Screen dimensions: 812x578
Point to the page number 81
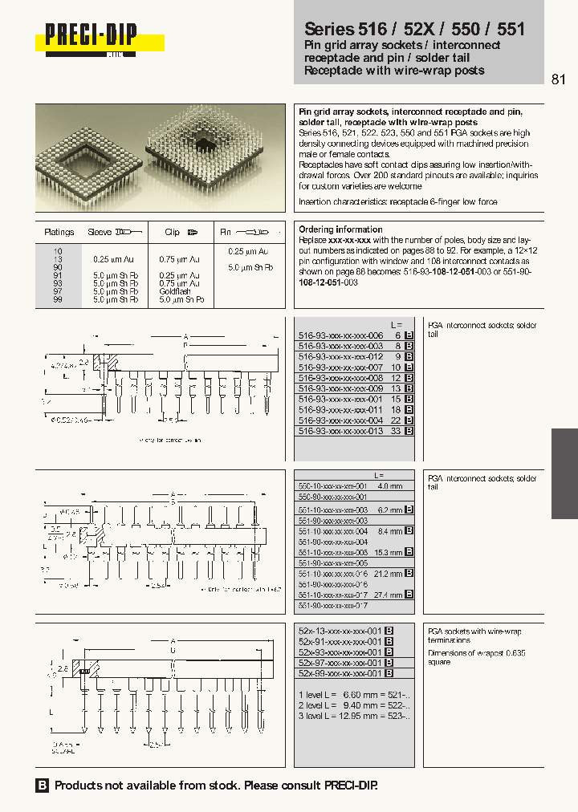pyautogui.click(x=559, y=79)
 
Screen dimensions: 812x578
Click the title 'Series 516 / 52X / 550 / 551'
pyautogui.click(x=414, y=29)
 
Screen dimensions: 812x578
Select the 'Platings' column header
pyautogui.click(x=59, y=232)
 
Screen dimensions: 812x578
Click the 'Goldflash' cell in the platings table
pyautogui.click(x=174, y=291)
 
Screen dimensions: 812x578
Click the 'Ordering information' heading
pyautogui.click(x=340, y=229)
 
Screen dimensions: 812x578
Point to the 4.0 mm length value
pyautogui.click(x=389, y=486)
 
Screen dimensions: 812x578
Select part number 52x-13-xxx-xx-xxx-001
pyautogui.click(x=340, y=631)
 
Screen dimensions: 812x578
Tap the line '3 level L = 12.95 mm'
pyautogui.click(x=354, y=715)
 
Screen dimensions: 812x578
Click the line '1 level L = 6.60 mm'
pyautogui.click(x=354, y=693)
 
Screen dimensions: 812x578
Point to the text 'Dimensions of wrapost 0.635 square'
pyautogui.click(x=477, y=657)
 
